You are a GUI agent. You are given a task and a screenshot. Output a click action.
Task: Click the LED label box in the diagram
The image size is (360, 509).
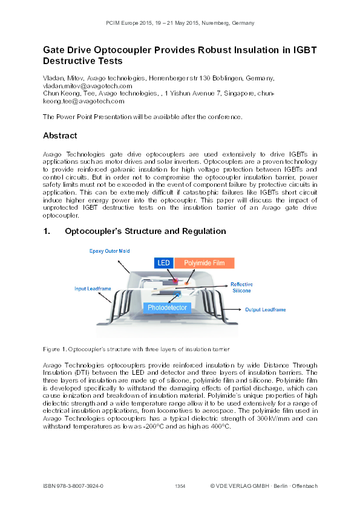point(164,263)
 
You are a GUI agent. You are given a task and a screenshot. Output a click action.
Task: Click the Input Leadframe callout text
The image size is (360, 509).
point(93,289)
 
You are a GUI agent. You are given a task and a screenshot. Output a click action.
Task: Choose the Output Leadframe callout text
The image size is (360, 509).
point(265,310)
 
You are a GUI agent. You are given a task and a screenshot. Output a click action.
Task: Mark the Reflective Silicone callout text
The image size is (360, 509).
point(241,287)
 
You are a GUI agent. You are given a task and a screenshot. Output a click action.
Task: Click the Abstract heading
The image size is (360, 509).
point(60,135)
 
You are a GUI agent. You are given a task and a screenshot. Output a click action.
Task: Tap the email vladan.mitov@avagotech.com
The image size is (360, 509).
point(87,86)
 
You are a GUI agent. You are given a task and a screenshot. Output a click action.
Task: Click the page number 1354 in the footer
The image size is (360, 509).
point(180,486)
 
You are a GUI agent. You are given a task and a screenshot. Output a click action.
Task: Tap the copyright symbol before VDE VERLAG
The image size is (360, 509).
point(213,486)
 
